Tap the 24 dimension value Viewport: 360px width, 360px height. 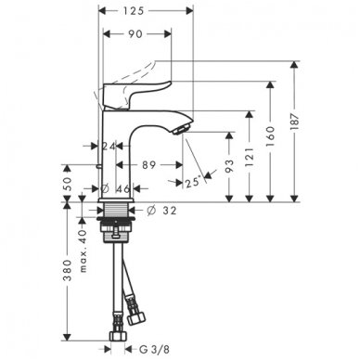pos(109,146)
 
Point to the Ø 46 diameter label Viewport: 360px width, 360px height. pos(119,190)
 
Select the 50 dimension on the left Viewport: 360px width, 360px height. pos(68,184)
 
